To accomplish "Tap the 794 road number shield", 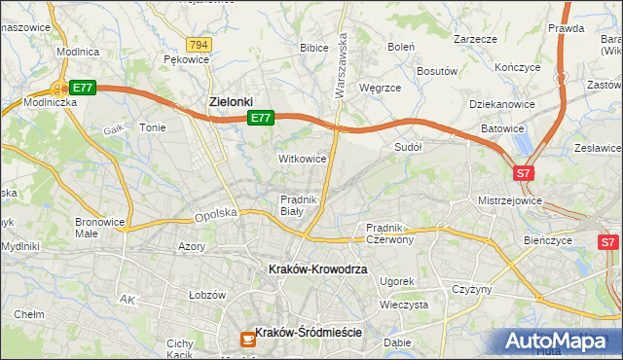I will click(200, 45).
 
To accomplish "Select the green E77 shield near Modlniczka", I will click(83, 88).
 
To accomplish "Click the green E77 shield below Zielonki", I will click(260, 118).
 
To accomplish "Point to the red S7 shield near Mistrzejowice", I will click(524, 173).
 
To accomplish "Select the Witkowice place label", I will click(302, 158).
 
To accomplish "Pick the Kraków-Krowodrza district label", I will click(317, 269).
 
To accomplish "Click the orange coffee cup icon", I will click(247, 339).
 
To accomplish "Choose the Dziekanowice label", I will click(505, 103).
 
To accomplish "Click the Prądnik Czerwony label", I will click(390, 233).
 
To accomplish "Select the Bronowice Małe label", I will click(100, 227).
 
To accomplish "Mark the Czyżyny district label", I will click(473, 289).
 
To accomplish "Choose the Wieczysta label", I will click(405, 305).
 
